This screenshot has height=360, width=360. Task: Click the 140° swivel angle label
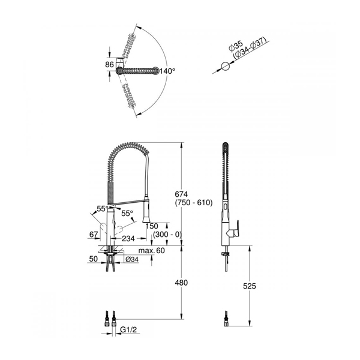167,71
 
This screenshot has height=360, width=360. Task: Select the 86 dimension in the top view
110,65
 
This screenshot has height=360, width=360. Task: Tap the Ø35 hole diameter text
236,46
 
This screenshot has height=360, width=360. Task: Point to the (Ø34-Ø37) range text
250,48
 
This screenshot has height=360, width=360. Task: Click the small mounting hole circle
225,67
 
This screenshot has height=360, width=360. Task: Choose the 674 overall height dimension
181,194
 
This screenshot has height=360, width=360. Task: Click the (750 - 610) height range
194,203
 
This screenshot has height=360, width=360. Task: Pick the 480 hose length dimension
181,283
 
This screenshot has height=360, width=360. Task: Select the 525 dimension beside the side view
250,286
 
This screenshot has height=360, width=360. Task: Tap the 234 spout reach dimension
128,239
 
